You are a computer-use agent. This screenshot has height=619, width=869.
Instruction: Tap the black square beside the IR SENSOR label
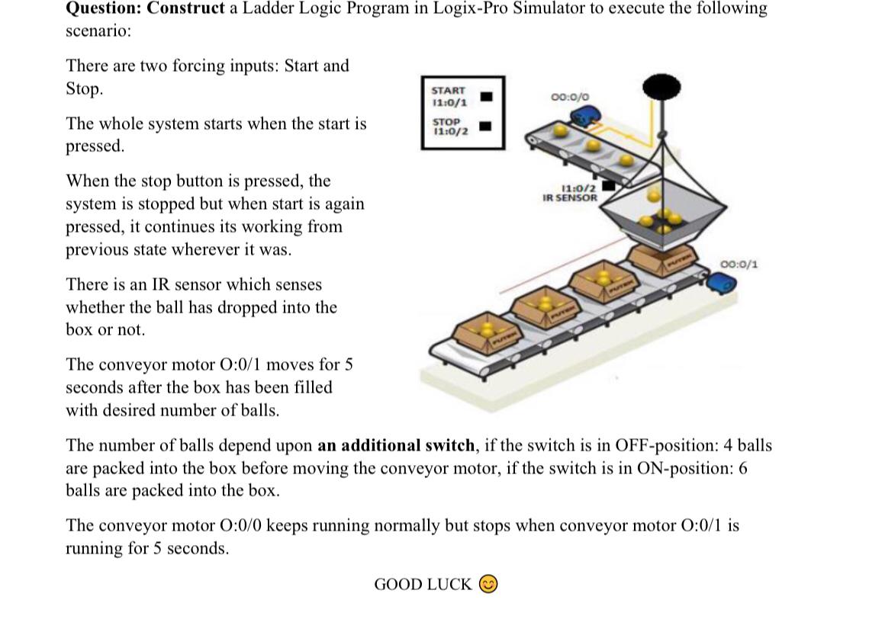pos(608,184)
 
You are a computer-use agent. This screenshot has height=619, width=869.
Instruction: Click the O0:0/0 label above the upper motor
pos(569,97)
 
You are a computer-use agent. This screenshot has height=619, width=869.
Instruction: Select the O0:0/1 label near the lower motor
pos(739,265)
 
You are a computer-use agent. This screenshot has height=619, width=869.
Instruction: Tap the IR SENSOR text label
pos(569,197)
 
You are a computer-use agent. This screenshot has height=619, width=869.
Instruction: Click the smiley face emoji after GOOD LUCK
pos(489,584)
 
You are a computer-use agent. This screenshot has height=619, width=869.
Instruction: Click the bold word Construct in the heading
pos(186,9)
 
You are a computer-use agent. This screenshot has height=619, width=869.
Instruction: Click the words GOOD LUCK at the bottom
pos(423,585)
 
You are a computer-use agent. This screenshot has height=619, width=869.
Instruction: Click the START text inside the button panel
pos(449,91)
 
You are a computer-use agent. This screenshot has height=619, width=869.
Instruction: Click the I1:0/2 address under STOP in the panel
pos(450,130)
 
